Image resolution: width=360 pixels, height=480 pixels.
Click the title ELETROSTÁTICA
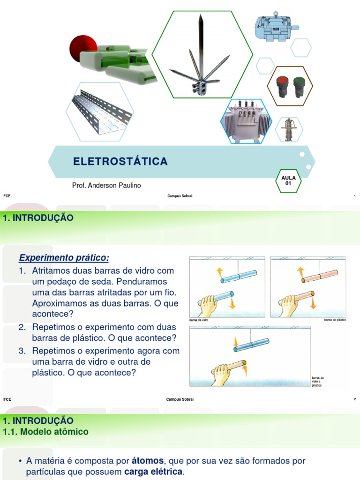120,162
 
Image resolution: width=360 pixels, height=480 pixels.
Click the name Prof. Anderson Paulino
106,186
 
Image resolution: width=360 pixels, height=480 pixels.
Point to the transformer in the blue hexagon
246,120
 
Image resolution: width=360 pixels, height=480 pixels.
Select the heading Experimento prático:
64,258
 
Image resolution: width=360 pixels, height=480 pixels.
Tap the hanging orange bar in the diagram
319,277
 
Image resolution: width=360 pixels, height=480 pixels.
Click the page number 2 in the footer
355,399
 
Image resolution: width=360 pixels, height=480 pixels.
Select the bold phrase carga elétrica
154,472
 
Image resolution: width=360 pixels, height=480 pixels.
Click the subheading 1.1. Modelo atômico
45,432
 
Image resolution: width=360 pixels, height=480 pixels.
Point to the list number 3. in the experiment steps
22,351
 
